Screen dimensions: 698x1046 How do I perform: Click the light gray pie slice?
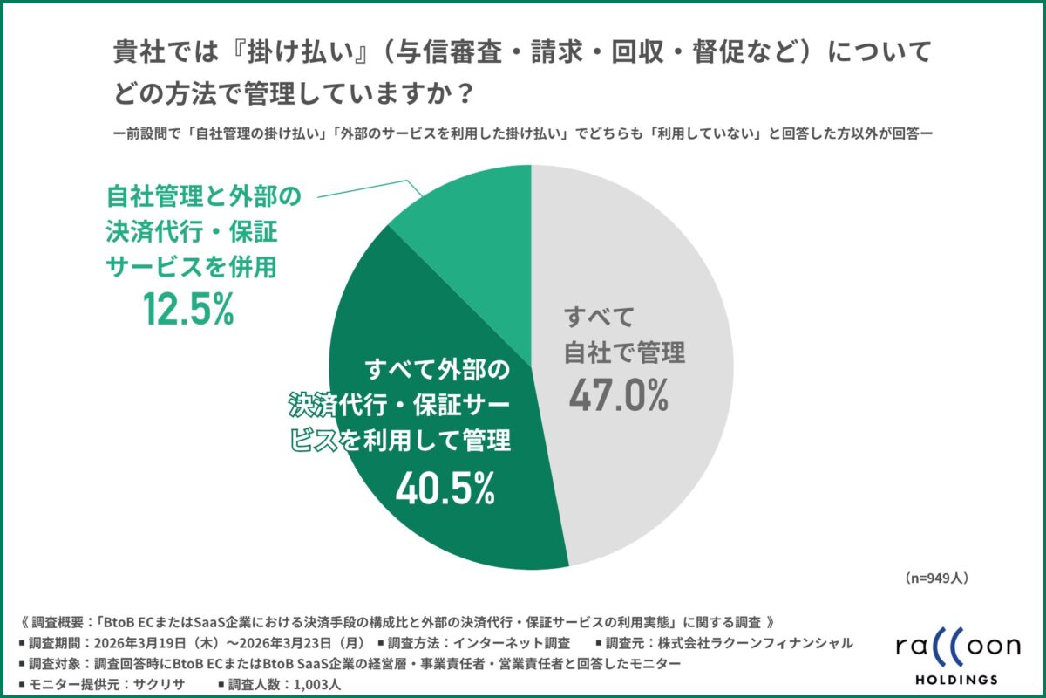[662, 262]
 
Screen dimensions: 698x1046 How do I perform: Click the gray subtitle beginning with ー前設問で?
[523, 134]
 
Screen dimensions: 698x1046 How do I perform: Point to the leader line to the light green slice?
[366, 188]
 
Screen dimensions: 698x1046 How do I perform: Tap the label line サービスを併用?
[191, 266]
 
